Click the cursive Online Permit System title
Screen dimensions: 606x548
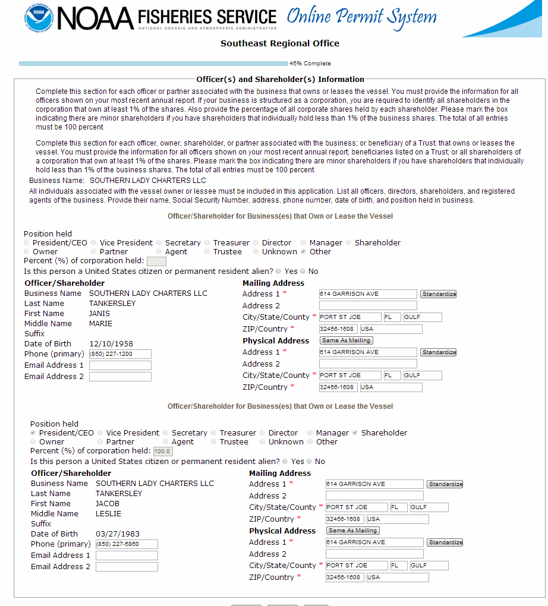point(361,17)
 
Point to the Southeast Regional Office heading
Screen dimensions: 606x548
point(280,43)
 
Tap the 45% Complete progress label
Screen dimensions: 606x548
point(310,64)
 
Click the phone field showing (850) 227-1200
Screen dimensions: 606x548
point(120,354)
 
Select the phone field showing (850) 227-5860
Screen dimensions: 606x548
point(127,544)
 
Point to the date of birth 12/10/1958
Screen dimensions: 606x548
point(111,344)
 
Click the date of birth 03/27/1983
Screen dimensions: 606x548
point(118,534)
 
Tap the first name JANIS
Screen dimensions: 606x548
point(100,314)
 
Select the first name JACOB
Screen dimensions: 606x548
point(108,504)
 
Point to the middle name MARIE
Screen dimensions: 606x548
point(100,324)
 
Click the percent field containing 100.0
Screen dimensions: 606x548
point(162,452)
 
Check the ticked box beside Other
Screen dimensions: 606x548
point(304,252)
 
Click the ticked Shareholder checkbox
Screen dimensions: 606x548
point(355,433)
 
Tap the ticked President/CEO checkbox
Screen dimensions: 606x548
point(33,433)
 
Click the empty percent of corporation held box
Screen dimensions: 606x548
point(156,261)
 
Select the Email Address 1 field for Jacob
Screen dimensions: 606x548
point(127,555)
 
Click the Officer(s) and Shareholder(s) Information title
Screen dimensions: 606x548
point(280,79)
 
